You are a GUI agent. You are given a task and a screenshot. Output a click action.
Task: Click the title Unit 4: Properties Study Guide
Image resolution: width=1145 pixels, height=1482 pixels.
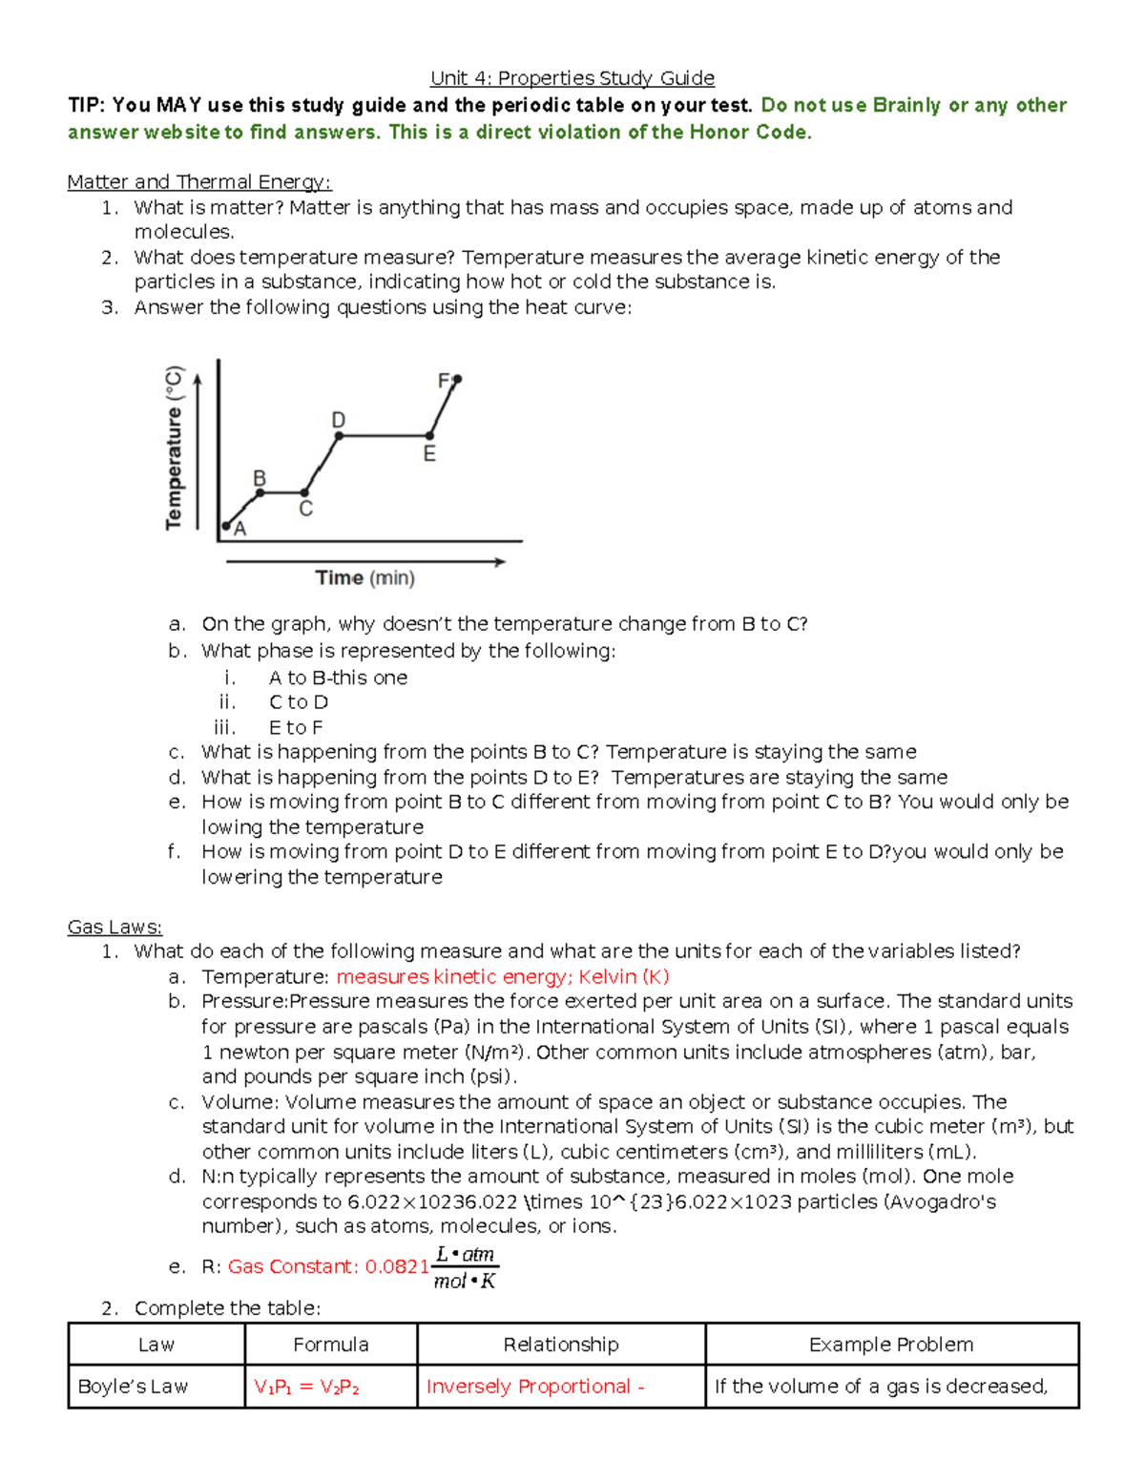coord(572,78)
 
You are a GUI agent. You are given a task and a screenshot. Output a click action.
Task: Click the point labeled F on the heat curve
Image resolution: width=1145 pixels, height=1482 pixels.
coord(457,380)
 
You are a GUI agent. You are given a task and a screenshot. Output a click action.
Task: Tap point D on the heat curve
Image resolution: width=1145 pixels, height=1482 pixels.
coord(340,436)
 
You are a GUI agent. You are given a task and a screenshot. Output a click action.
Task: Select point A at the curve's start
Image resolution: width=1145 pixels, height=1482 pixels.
coord(227,526)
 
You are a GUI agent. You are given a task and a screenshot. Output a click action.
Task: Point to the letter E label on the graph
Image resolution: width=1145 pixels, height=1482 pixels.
coord(429,455)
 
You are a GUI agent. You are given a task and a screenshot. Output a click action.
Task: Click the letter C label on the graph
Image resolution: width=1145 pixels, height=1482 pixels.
coord(305,510)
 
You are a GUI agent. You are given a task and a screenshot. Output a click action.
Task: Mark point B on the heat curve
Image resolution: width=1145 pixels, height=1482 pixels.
coord(260,492)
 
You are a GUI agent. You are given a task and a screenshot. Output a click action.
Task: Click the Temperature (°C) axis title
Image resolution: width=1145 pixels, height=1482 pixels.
coord(174,448)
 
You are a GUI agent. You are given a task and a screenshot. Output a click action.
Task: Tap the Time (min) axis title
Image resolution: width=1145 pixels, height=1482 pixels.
coord(364,578)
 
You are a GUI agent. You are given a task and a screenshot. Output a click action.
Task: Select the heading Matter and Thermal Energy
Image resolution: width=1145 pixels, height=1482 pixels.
coord(198,182)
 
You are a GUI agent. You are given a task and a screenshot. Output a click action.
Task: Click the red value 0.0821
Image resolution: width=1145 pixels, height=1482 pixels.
coord(397,1267)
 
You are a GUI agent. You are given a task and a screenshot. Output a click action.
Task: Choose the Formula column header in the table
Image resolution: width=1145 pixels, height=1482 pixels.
coord(330,1345)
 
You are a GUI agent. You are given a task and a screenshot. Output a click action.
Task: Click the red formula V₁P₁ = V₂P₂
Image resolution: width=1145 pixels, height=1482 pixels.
coord(306,1387)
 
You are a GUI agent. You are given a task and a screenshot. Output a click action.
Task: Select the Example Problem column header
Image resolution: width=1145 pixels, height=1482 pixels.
coord(891,1345)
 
